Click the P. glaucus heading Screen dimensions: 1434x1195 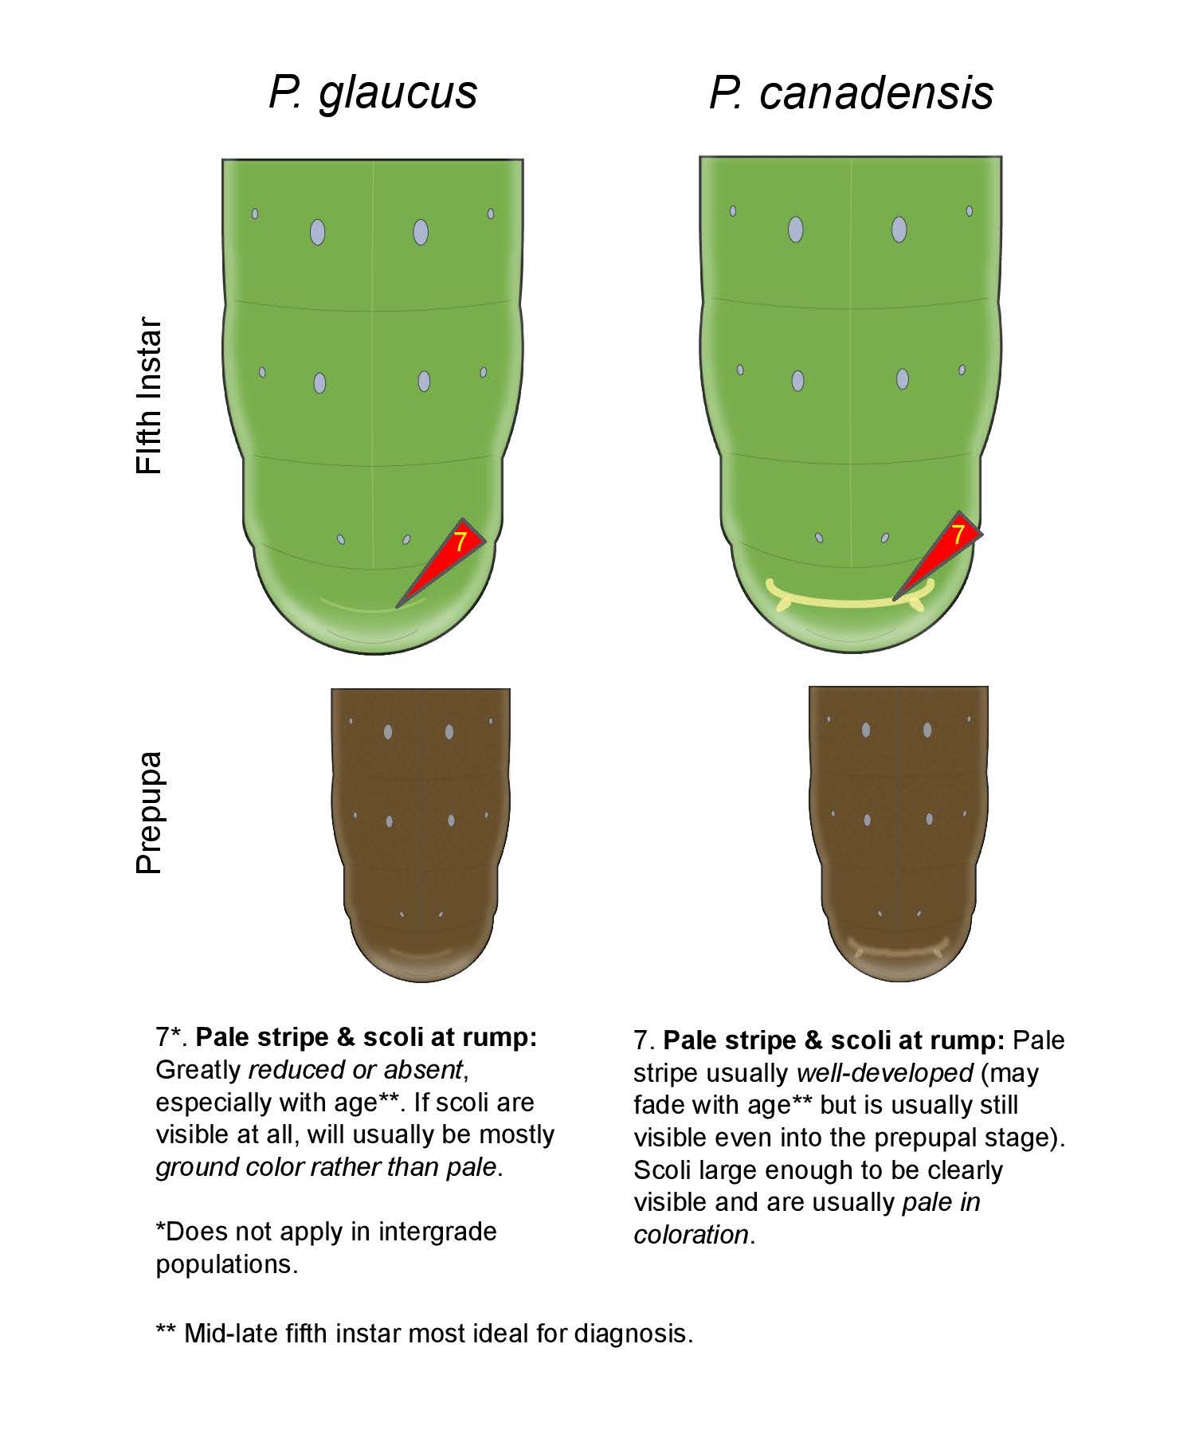click(372, 92)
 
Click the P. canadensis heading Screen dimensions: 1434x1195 click(851, 92)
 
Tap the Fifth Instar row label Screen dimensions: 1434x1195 click(149, 397)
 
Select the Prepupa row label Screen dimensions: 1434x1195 click(149, 813)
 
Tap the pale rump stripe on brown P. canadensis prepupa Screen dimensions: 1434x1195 click(898, 950)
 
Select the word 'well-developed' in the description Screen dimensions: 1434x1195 click(884, 1072)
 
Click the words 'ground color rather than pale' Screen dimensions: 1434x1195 click(326, 1167)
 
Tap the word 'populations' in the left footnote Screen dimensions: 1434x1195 click(226, 1264)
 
